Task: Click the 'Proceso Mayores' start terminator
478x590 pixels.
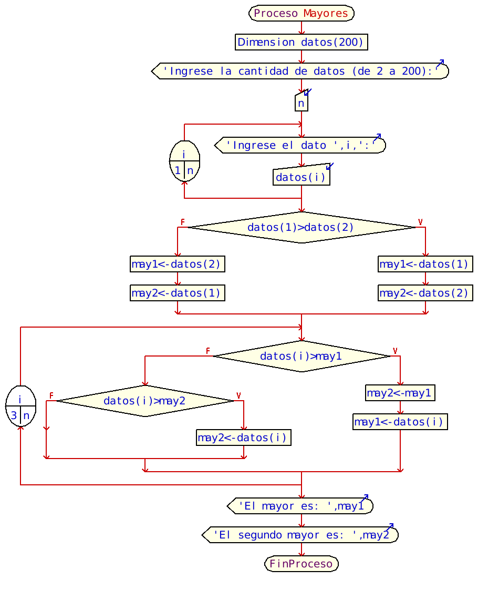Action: (x=301, y=13)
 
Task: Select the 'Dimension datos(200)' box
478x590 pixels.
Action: (x=301, y=42)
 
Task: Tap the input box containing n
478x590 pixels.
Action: (x=301, y=103)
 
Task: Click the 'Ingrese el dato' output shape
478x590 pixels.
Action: (x=301, y=145)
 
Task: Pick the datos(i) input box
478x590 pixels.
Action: (x=301, y=177)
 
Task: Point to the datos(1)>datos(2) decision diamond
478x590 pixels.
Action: (x=301, y=227)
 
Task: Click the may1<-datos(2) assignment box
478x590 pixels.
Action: (x=178, y=264)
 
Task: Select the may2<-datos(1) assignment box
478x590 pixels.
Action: (x=178, y=293)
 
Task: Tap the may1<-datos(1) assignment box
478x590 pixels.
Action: (x=425, y=264)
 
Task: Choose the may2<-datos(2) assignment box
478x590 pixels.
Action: (x=425, y=293)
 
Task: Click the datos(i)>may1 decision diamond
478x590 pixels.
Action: (x=301, y=356)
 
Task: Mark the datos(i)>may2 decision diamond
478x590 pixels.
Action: (x=144, y=401)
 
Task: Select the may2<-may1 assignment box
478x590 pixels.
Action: (x=400, y=393)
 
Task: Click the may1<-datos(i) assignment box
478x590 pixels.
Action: (x=400, y=422)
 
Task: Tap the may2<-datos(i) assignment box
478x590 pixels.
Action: (x=243, y=438)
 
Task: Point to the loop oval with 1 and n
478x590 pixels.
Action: (x=184, y=161)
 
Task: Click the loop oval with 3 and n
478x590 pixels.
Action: (x=20, y=406)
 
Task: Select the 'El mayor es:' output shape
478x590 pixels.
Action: (x=301, y=506)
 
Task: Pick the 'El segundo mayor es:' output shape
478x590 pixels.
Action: (x=301, y=535)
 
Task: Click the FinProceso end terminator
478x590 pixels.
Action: (x=301, y=564)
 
